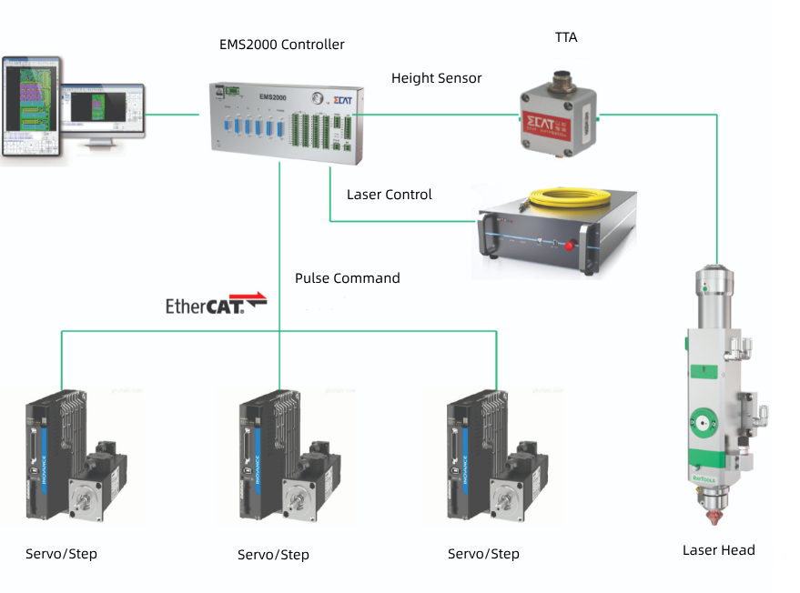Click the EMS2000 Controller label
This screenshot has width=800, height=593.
pyautogui.click(x=282, y=45)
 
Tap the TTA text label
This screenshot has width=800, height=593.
pyautogui.click(x=566, y=37)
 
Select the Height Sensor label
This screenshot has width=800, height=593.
pyautogui.click(x=436, y=78)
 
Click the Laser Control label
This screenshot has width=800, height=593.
pyautogui.click(x=390, y=195)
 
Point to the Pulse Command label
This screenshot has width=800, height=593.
pyautogui.click(x=347, y=278)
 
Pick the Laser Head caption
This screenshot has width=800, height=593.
pyautogui.click(x=718, y=550)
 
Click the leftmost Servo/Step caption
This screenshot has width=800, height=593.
pyautogui.click(x=61, y=554)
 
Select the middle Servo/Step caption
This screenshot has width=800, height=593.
pyautogui.click(x=273, y=555)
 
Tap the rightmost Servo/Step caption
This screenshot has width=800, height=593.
pyautogui.click(x=483, y=554)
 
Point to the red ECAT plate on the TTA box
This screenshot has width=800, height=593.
pyautogui.click(x=546, y=125)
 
